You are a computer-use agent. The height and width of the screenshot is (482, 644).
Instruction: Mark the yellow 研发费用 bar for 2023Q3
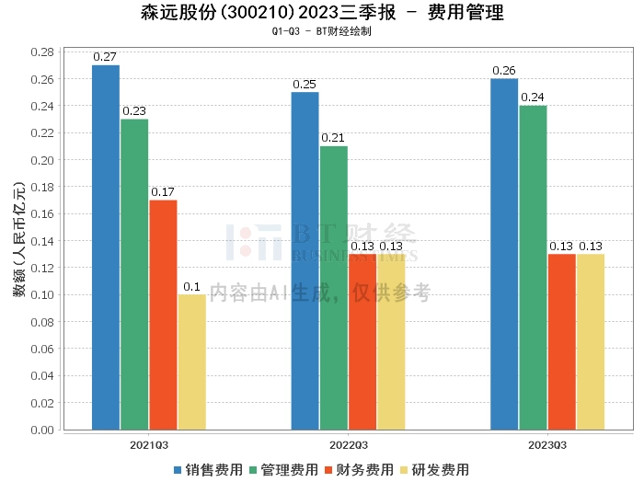pyautogui.click(x=590, y=341)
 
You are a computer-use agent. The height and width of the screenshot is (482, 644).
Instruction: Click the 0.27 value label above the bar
pyautogui.click(x=105, y=57)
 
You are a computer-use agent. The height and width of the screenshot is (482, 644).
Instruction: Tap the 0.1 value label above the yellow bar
pyautogui.click(x=191, y=287)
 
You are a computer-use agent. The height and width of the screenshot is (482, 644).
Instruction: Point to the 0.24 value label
pyautogui.click(x=533, y=98)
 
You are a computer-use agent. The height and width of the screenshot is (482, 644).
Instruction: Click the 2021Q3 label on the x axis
pyautogui.click(x=148, y=445)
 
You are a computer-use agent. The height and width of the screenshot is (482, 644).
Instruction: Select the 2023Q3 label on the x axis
pyautogui.click(x=547, y=445)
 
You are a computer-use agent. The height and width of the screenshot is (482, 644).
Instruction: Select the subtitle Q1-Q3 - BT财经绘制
pyautogui.click(x=321, y=31)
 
